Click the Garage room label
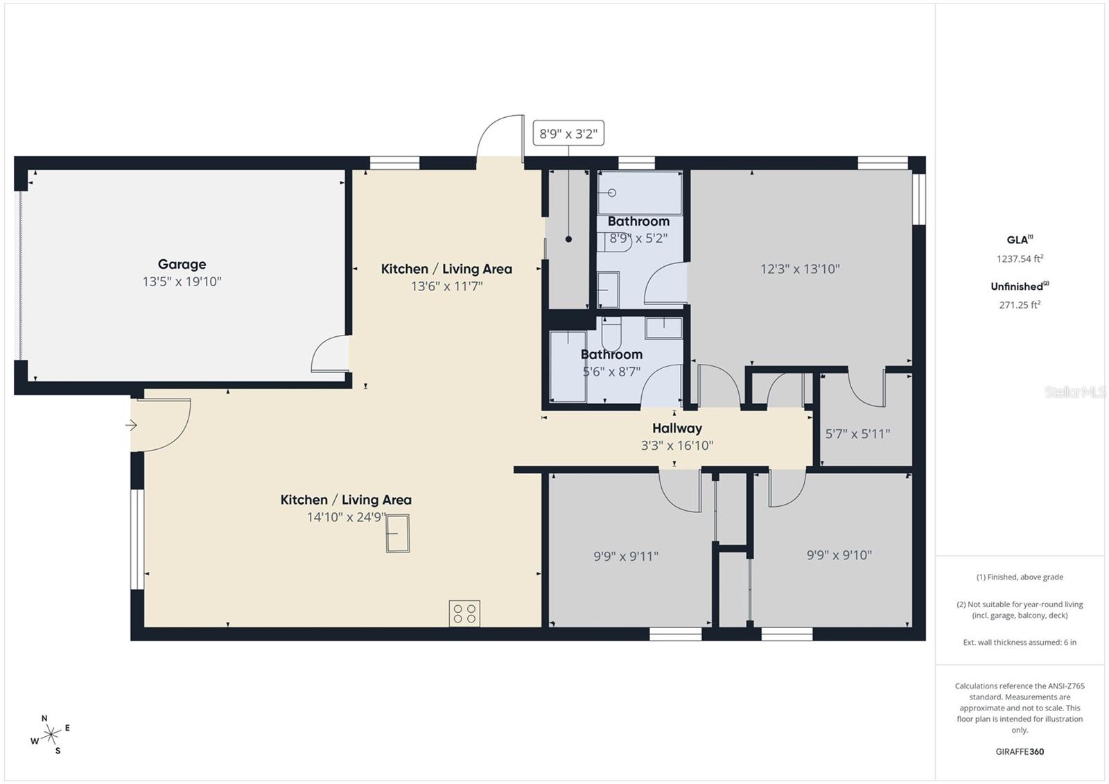coord(182,264)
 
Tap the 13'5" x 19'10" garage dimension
coord(182,281)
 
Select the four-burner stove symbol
coord(464,613)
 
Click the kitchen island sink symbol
coord(398,534)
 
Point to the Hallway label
coord(676,428)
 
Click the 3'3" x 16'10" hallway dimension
coord(676,446)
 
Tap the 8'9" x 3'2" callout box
coord(568,134)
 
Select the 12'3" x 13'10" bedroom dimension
coord(800,269)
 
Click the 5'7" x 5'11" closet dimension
coord(857,434)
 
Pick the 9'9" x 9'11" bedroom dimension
coord(626,556)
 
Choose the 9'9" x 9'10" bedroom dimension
coord(839,555)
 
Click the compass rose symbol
coord(51,735)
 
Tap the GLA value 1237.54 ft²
coord(1020,259)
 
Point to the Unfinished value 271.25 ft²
coord(1020,304)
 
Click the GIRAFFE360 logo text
coord(1020,751)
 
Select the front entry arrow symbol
coord(131,426)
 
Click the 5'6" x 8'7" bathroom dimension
coord(611,372)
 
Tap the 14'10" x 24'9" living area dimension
coord(346,517)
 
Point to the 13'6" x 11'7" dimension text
coord(446,286)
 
